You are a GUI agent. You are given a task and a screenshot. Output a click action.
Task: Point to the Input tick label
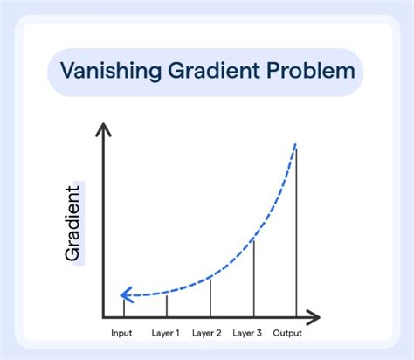[122, 333]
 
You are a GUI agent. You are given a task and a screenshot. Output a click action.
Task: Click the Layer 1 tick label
[166, 333]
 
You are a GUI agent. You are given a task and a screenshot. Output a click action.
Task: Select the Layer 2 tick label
[208, 333]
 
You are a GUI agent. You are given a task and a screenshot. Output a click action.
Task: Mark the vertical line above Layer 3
[254, 275]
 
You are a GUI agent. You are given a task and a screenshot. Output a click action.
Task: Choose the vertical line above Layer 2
[210, 297]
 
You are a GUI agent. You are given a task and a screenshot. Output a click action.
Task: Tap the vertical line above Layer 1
[167, 305]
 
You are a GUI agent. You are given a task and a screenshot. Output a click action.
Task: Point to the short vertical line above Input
[124, 307]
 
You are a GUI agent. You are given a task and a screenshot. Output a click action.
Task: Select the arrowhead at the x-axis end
[315, 315]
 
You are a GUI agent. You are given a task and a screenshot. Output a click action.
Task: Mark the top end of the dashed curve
[296, 143]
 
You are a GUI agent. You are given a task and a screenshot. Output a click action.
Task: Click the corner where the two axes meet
[103, 315]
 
